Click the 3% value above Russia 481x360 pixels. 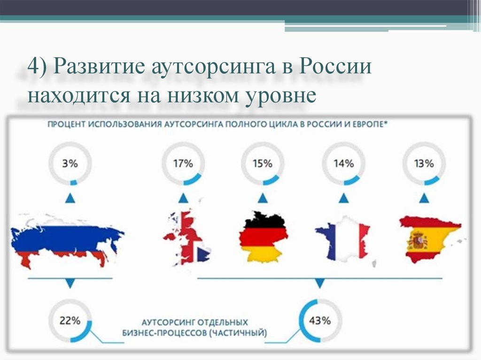pyautogui.click(x=70, y=163)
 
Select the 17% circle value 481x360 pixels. pyautogui.click(x=183, y=163)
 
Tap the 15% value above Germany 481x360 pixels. pyautogui.click(x=263, y=163)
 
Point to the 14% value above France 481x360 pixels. pyautogui.click(x=343, y=163)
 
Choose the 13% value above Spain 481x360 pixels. pyautogui.click(x=424, y=163)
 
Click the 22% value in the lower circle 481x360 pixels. pyautogui.click(x=70, y=321)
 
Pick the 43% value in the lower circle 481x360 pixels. pyautogui.click(x=320, y=321)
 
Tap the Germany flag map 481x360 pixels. pyautogui.click(x=264, y=237)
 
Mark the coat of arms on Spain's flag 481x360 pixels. pyautogui.click(x=417, y=240)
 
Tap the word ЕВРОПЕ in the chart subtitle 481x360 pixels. pyautogui.click(x=369, y=124)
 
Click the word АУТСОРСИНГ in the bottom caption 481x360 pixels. pyautogui.click(x=168, y=322)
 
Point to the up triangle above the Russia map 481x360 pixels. pyautogui.click(x=70, y=198)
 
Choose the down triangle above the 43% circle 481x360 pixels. pyautogui.click(x=320, y=283)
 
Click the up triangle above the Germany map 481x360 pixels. pyautogui.click(x=263, y=198)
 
